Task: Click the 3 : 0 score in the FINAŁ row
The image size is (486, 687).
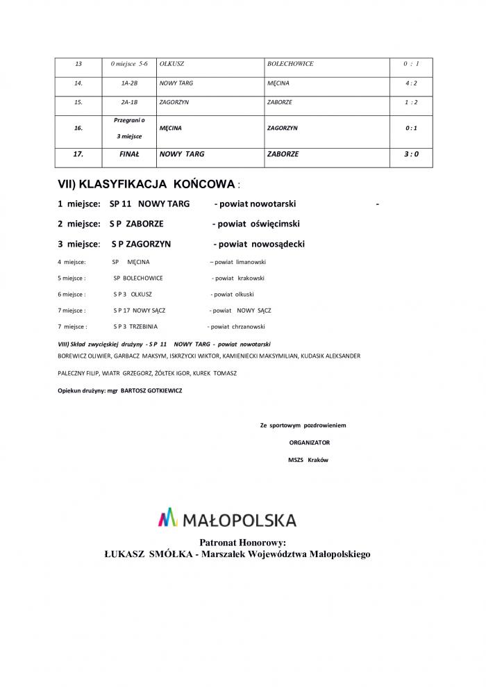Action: tap(411, 154)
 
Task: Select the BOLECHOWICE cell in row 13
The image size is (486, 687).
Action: tap(290, 64)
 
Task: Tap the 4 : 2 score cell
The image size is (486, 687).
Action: tap(411, 83)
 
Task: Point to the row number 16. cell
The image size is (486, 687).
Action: tap(78, 129)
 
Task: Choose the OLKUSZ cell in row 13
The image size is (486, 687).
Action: tap(171, 64)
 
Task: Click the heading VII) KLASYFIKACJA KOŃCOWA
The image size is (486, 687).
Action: tap(147, 185)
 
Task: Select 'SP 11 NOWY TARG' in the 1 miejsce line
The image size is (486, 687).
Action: tap(150, 204)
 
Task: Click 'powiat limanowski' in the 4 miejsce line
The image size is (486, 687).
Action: tap(240, 262)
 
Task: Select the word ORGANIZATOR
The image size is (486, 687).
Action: tap(310, 442)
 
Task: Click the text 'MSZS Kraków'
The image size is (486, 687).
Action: tap(308, 460)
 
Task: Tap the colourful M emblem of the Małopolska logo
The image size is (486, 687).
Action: tap(169, 518)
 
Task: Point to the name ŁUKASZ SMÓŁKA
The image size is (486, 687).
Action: tap(147, 554)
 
